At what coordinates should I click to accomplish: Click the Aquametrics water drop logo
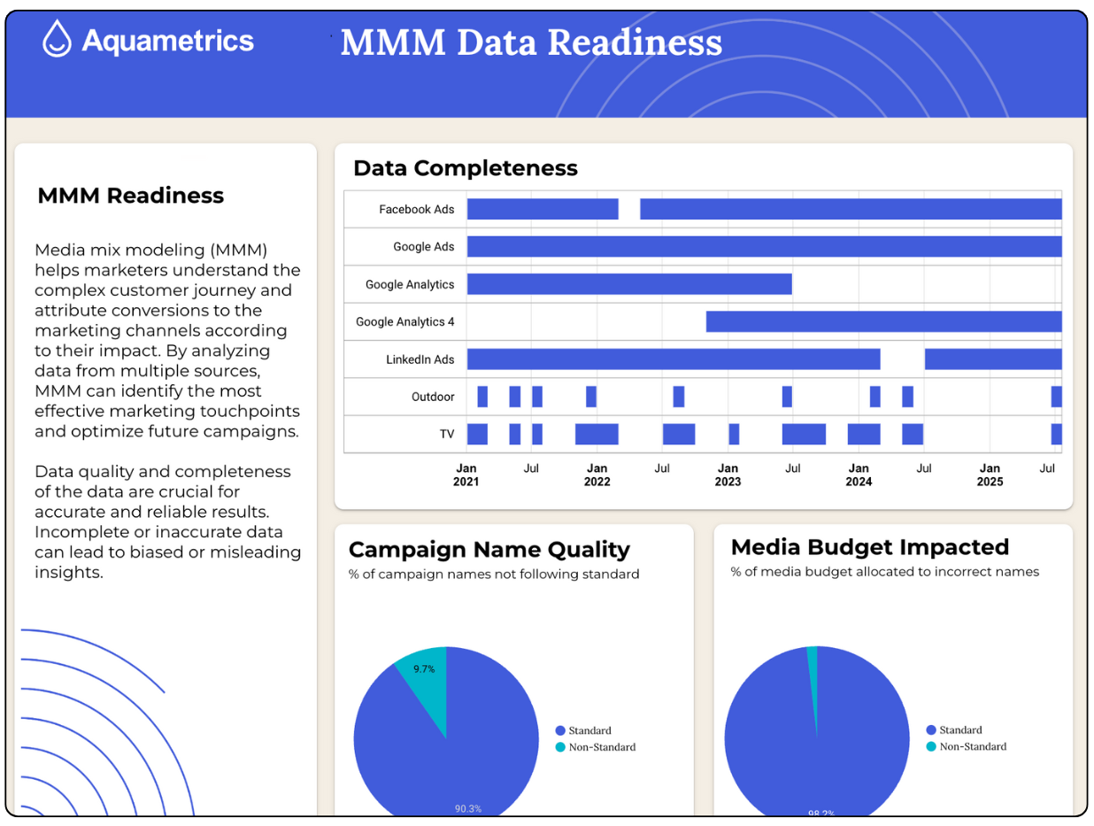[57, 39]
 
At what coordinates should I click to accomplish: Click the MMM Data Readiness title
[531, 42]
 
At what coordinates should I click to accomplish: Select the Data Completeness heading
[465, 168]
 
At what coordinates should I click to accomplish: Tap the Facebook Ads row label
[416, 210]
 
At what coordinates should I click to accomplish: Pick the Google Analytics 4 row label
[404, 322]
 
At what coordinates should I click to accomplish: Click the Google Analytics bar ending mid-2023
[628, 284]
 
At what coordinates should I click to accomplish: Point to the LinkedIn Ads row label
[420, 359]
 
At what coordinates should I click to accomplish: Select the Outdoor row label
[433, 397]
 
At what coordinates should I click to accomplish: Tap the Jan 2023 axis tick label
[728, 475]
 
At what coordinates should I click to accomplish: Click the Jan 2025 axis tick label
[990, 475]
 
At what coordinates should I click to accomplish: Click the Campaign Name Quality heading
[489, 550]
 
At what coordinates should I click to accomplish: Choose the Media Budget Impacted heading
[870, 546]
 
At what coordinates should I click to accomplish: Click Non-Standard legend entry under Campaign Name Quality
[601, 747]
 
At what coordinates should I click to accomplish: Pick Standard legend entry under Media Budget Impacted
[959, 730]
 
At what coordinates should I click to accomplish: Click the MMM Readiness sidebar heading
[130, 196]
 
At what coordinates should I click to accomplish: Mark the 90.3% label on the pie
[468, 808]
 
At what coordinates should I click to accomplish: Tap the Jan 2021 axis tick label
[466, 475]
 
